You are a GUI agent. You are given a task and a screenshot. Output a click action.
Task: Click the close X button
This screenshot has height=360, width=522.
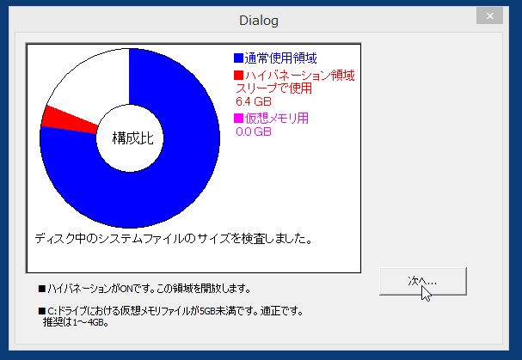click(489, 15)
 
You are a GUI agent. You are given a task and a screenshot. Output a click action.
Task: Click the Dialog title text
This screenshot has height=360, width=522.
click(259, 21)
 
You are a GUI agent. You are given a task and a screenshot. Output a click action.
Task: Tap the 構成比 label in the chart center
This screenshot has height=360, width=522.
click(132, 137)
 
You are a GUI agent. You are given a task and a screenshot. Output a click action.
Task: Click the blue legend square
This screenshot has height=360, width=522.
click(238, 58)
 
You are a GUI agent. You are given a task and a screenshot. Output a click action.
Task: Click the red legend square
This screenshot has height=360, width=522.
click(238, 76)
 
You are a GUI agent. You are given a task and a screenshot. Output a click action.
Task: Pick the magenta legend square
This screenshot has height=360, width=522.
click(238, 118)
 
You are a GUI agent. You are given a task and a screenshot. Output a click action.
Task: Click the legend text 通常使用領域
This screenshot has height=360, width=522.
click(280, 58)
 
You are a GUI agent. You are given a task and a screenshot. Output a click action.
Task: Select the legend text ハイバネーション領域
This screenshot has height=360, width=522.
click(300, 76)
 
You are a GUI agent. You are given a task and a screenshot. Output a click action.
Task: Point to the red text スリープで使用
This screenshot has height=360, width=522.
click(273, 88)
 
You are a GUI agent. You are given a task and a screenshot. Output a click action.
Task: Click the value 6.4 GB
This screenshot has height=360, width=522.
click(254, 101)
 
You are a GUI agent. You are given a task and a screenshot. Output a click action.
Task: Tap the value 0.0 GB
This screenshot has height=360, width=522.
click(254, 131)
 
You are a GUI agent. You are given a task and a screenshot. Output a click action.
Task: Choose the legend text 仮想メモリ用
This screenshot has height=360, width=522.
click(277, 118)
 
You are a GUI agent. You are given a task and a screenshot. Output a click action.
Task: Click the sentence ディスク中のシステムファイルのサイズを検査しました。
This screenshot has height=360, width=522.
click(174, 239)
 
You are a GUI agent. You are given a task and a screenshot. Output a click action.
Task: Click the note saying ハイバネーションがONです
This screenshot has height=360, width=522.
click(144, 288)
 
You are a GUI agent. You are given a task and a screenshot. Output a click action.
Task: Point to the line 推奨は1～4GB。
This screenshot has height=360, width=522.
click(76, 322)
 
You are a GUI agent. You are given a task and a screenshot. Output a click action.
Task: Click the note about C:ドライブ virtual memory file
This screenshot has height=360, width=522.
click(170, 311)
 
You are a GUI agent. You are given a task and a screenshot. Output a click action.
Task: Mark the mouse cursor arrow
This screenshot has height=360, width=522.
click(426, 294)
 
